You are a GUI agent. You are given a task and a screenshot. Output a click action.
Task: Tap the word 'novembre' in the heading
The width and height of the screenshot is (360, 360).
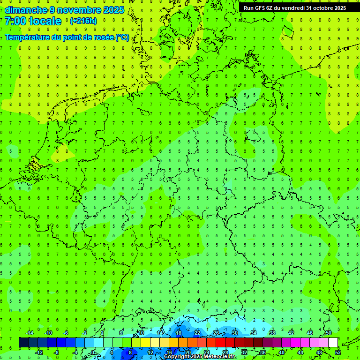click(79, 10)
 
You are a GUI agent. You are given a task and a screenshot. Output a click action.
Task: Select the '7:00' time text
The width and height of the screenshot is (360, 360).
click(15, 21)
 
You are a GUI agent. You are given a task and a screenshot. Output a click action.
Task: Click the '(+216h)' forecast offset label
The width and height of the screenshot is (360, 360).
click(83, 21)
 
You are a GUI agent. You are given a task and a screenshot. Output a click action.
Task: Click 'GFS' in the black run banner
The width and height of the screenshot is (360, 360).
click(262, 8)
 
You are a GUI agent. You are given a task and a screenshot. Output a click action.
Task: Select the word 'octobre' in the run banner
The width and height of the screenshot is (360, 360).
click(318, 8)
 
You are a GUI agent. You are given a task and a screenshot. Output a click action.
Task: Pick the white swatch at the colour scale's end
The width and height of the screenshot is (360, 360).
click(333, 343)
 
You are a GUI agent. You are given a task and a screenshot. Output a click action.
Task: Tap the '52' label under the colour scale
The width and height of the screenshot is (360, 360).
click(338, 352)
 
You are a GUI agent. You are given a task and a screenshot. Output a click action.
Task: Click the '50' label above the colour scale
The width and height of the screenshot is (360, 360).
click(328, 333)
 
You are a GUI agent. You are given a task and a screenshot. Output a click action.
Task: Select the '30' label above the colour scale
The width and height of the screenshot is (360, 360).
click(235, 333)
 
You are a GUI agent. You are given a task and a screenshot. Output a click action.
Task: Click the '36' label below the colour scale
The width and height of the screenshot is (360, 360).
click(263, 352)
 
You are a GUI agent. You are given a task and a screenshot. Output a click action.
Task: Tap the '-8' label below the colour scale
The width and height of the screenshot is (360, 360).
click(57, 352)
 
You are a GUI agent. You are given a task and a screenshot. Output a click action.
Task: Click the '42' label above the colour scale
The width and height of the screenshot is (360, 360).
click(291, 333)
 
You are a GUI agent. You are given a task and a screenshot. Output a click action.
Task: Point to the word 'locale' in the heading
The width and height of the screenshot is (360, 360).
click(45, 21)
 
